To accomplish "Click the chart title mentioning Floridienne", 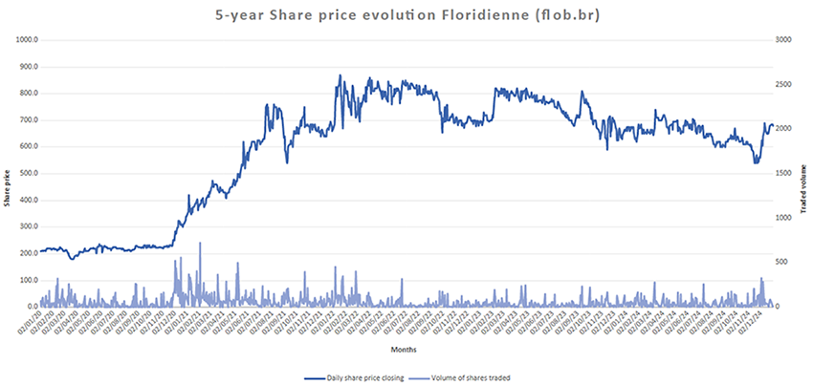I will tap(406, 15).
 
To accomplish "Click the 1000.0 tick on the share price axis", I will tap(22, 40).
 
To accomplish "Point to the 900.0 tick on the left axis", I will tap(23, 67).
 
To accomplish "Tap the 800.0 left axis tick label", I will tap(23, 94).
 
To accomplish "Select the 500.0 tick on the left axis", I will tap(23, 173).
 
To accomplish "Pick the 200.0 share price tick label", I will tap(23, 253).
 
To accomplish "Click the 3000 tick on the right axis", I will tap(785, 40).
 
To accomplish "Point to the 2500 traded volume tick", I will tap(785, 84).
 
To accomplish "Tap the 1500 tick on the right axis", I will tap(785, 173).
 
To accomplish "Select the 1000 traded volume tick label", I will tap(785, 218).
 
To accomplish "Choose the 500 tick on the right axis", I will tap(783, 262).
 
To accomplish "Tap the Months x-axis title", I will tap(405, 351).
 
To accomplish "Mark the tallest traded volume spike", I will tap(200, 244).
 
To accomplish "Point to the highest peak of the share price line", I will tap(340, 75).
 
